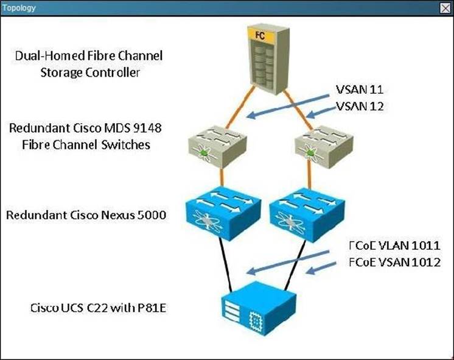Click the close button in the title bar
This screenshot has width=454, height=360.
(x=444, y=8)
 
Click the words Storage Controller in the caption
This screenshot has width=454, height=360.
(x=89, y=72)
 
